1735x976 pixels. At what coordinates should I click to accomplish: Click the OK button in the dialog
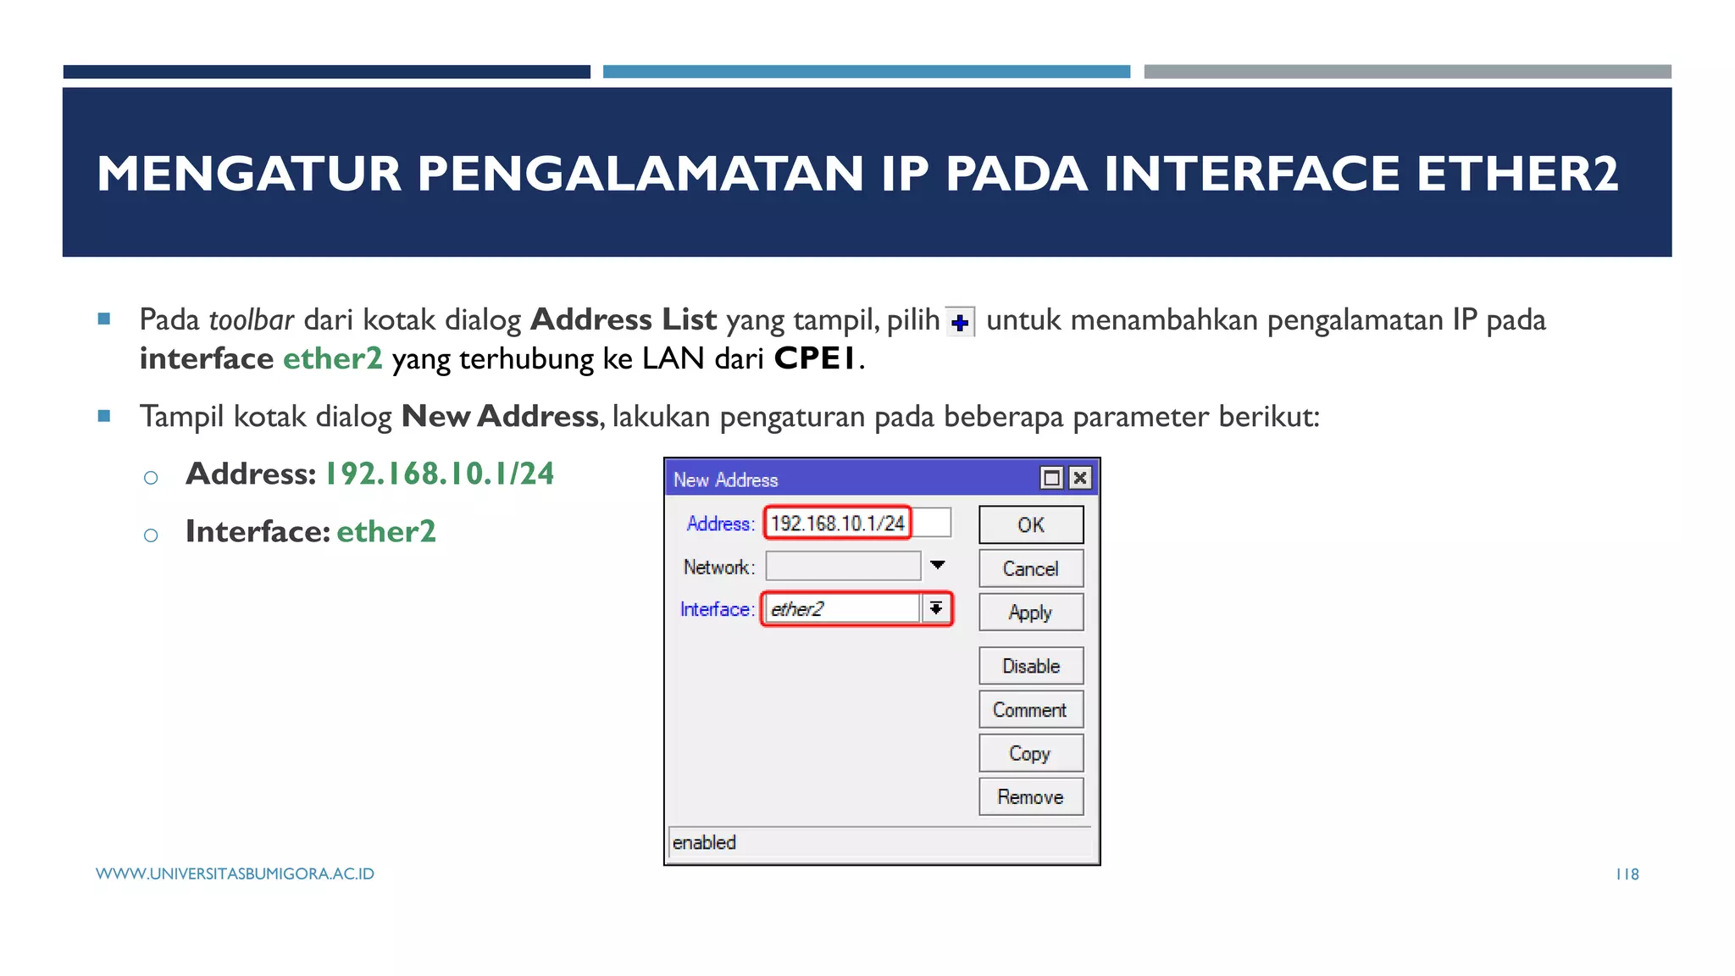point(1030,524)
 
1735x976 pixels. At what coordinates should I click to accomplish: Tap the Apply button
point(1030,613)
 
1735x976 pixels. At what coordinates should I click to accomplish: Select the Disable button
point(1030,666)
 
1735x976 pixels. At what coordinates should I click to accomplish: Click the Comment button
point(1030,710)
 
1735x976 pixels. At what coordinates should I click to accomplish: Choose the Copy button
point(1030,753)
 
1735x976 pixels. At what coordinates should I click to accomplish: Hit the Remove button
point(1030,797)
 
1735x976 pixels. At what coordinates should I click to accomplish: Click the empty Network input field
point(842,566)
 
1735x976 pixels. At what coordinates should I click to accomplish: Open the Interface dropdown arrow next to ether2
point(936,608)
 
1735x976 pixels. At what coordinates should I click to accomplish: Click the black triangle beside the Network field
point(938,565)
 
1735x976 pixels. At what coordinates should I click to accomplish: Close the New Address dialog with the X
point(1079,479)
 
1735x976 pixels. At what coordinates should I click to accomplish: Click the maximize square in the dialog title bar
point(1051,479)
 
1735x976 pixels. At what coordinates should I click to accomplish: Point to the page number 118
point(1627,874)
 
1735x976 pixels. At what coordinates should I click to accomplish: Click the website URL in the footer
point(235,874)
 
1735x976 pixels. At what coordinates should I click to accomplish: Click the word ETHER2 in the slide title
point(1517,174)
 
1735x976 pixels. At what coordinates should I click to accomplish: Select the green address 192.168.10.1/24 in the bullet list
point(440,474)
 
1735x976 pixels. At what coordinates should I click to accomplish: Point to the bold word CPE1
point(815,358)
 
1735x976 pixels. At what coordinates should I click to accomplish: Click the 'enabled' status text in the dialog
point(704,843)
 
